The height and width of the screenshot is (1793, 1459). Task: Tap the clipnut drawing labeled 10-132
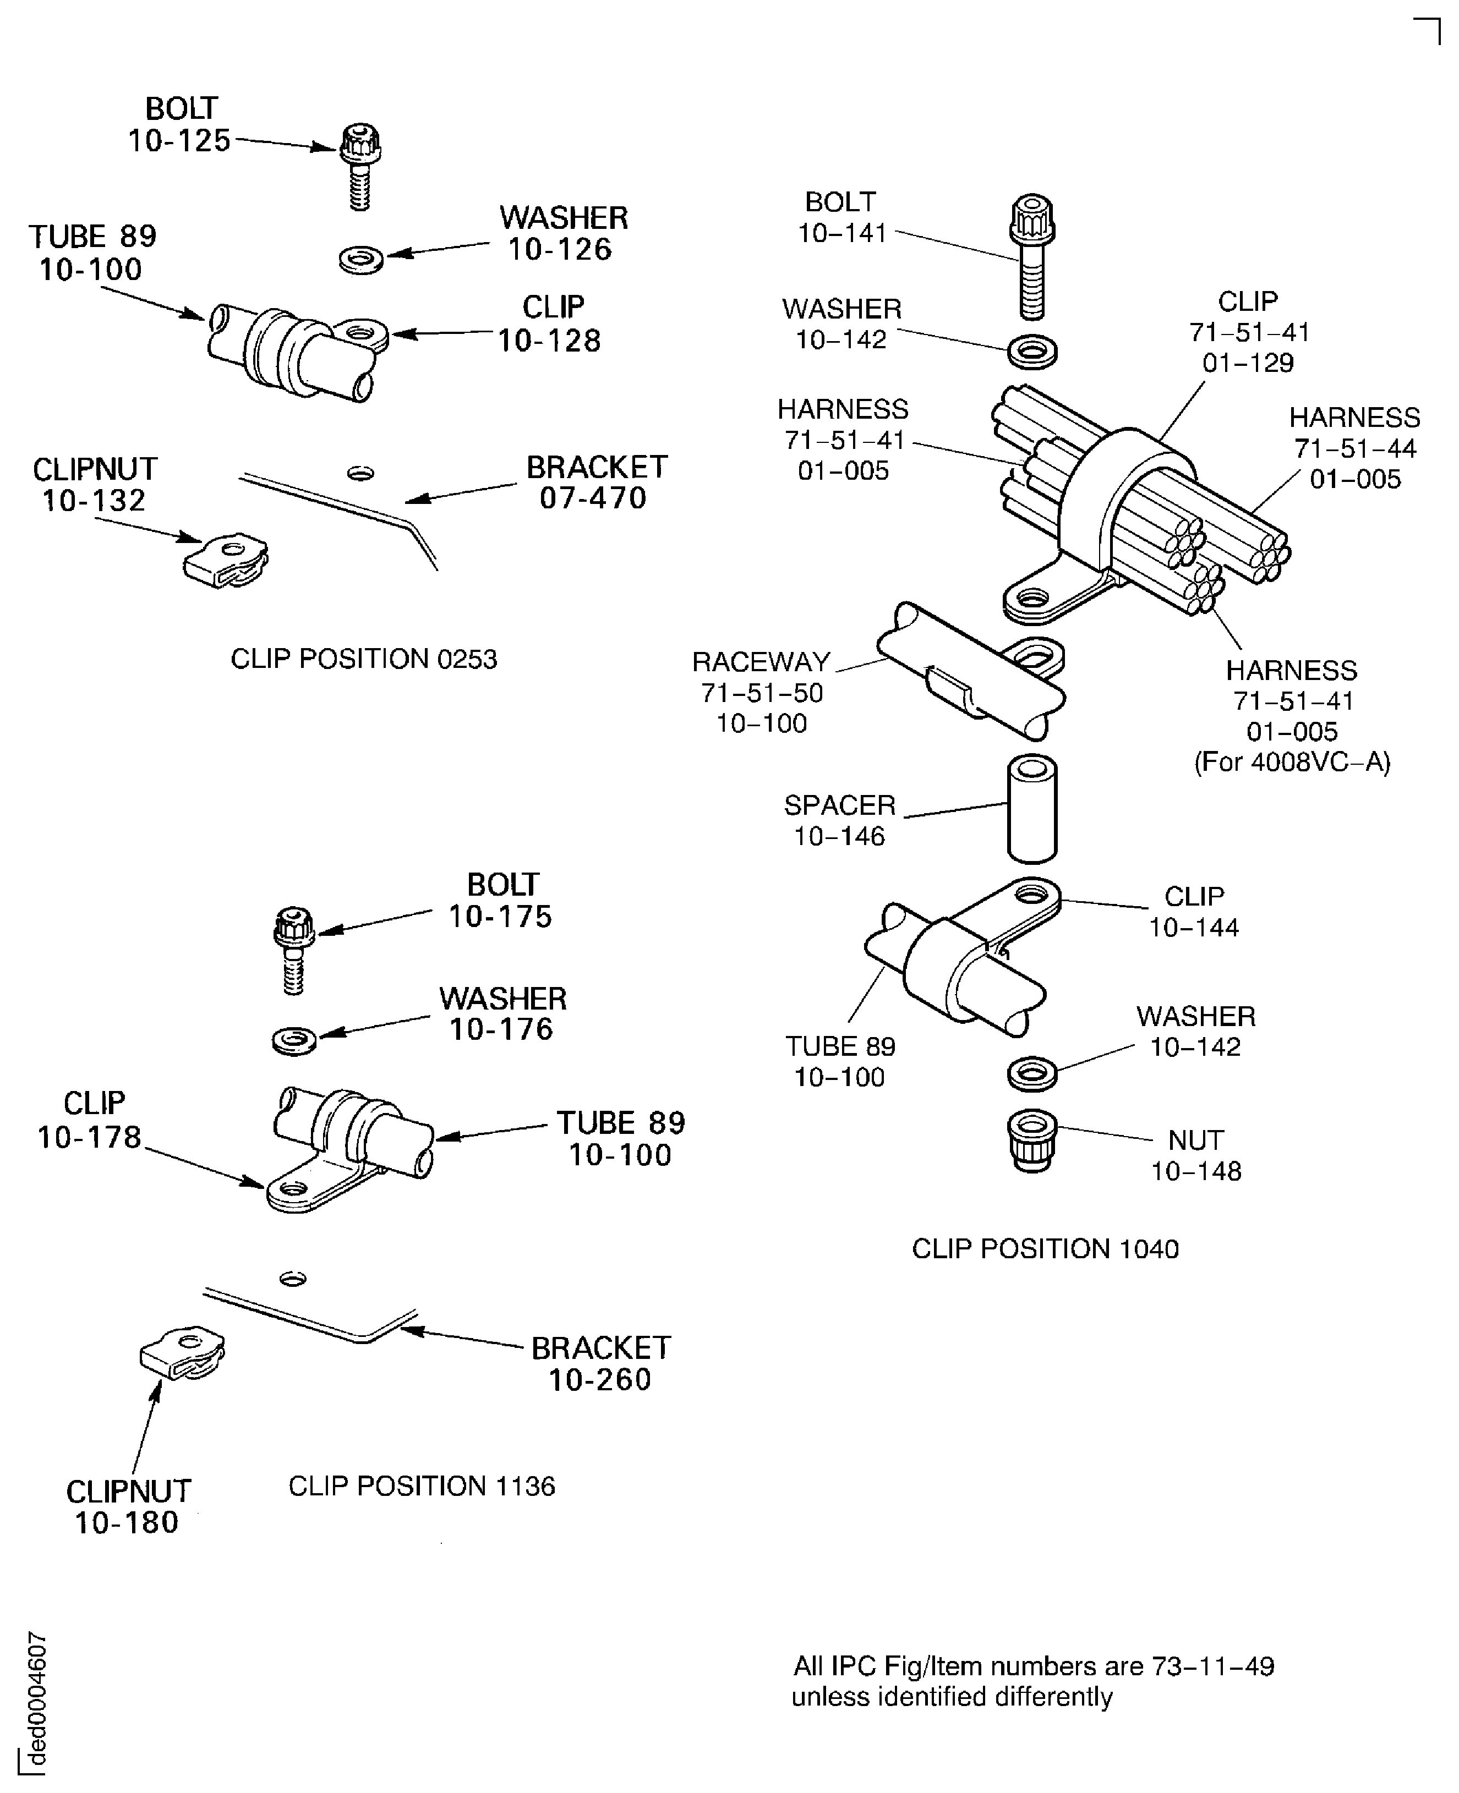pyautogui.click(x=225, y=560)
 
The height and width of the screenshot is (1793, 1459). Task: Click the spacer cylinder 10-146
pyautogui.click(x=1031, y=808)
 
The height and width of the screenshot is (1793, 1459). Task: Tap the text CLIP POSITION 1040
pyautogui.click(x=1045, y=1248)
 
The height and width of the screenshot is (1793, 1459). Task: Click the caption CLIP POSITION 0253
pyautogui.click(x=364, y=659)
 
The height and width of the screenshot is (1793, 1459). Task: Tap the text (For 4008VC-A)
pyautogui.click(x=1292, y=762)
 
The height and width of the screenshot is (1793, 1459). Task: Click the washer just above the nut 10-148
pyautogui.click(x=1031, y=1074)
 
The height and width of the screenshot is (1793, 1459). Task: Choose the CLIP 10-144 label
pyautogui.click(x=1193, y=912)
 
